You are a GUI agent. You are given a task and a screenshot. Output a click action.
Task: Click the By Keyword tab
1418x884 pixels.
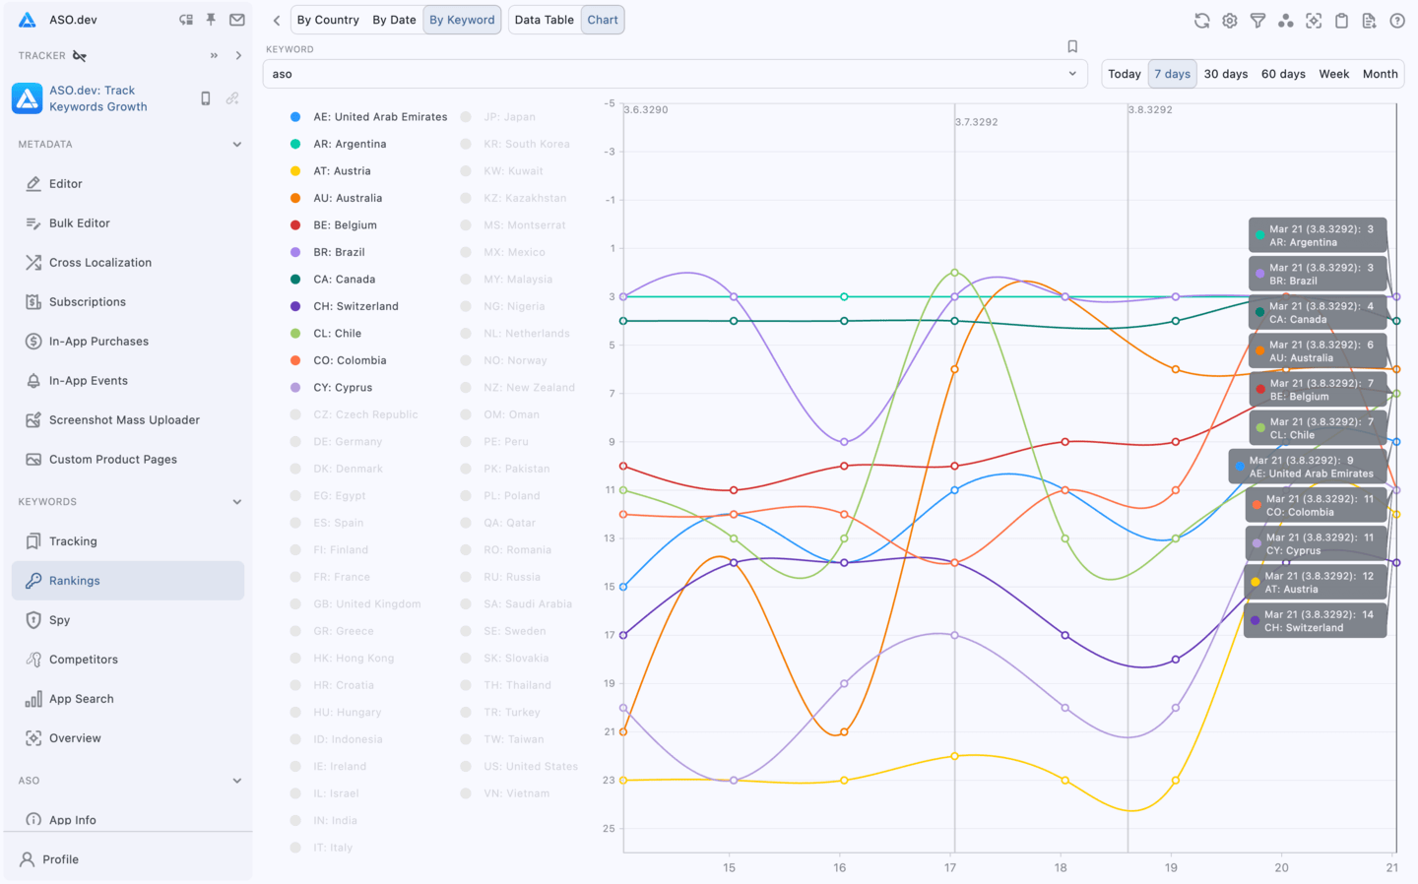pos(462,20)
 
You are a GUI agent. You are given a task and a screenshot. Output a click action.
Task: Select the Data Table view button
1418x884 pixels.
pos(544,20)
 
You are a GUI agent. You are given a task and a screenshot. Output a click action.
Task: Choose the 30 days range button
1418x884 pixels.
pos(1225,74)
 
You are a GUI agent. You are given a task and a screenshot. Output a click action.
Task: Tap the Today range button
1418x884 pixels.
pos(1124,74)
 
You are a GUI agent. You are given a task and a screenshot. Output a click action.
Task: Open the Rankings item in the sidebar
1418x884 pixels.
pos(75,581)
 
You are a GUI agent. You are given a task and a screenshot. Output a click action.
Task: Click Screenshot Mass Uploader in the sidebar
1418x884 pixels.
pos(124,420)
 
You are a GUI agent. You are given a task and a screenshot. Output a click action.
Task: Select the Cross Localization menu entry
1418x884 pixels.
pos(99,263)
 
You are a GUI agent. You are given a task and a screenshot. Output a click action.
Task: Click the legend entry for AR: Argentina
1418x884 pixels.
pos(350,144)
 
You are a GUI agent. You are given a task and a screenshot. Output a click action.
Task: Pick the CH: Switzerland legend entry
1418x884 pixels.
pos(355,306)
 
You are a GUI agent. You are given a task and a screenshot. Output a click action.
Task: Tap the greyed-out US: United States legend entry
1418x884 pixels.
pos(530,767)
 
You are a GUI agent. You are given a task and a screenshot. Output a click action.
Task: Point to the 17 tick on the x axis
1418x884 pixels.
pos(950,867)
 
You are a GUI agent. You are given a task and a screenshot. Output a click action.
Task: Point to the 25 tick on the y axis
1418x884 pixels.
pos(609,829)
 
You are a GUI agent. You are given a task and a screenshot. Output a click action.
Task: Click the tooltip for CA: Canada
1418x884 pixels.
pos(1318,313)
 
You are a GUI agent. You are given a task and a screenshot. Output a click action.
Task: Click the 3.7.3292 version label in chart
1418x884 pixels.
pos(977,122)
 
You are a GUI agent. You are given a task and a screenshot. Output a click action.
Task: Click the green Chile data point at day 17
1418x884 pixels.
pos(954,273)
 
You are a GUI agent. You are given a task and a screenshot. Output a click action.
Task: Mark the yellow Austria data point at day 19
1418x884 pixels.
pos(1175,781)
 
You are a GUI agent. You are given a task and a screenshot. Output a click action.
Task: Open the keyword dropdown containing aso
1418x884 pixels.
pos(675,74)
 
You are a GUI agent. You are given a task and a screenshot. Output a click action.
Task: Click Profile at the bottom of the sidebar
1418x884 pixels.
pos(60,859)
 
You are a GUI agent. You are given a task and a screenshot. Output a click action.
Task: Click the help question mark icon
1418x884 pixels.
pos(1396,21)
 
